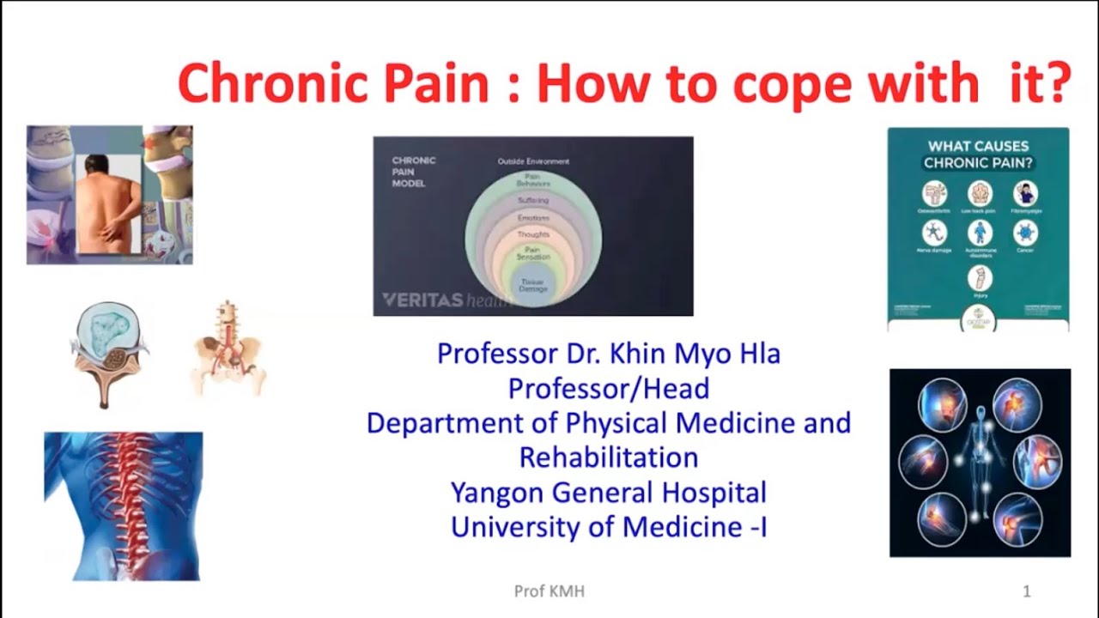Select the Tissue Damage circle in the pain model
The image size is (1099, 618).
532,284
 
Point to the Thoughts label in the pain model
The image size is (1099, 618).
533,234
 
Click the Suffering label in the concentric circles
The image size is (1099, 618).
533,201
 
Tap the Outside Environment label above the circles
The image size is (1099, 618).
533,161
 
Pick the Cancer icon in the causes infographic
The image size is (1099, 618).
1025,233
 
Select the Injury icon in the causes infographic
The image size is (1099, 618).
980,278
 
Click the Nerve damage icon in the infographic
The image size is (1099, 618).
934,233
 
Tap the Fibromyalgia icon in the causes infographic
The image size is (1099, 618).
1025,193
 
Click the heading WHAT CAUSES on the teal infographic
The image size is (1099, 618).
978,146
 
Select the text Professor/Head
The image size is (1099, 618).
609,389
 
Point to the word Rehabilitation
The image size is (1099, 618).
609,457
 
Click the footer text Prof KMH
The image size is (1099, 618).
549,591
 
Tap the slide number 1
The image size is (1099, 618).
1027,591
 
